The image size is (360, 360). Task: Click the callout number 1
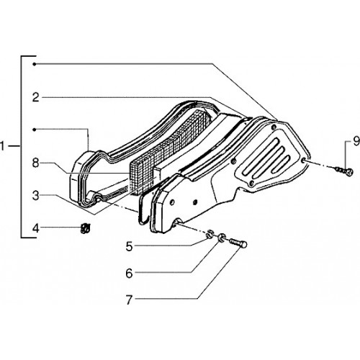point(2,146)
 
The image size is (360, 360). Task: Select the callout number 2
point(36,98)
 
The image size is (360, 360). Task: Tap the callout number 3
point(36,196)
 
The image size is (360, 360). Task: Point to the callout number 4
point(36,228)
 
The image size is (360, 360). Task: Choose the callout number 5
point(130,246)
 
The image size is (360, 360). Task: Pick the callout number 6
point(130,274)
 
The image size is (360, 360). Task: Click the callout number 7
point(130,300)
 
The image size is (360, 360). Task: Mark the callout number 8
point(36,163)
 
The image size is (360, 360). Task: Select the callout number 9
point(356,141)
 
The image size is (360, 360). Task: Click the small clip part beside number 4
point(85,228)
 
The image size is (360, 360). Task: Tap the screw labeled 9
point(344,171)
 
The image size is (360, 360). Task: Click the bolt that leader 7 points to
point(238,243)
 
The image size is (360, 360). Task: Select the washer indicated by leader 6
point(221,237)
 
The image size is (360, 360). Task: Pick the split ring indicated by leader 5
point(210,234)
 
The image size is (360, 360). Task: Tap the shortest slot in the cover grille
point(280,163)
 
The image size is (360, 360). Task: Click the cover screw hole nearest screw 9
point(304,161)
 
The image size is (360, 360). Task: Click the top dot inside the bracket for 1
point(35,64)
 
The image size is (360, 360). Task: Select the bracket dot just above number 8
point(35,130)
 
